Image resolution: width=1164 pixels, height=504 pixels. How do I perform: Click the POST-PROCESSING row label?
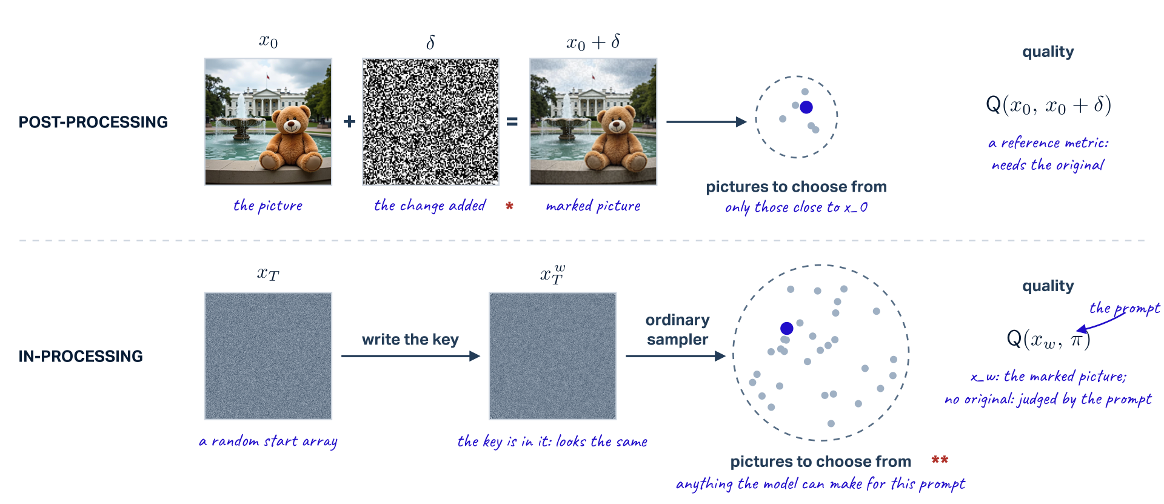point(93,122)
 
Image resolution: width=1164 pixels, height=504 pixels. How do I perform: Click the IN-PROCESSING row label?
point(81,356)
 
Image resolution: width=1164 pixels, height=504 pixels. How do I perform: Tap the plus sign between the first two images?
point(349,122)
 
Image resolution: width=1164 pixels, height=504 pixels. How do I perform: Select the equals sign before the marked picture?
point(512,122)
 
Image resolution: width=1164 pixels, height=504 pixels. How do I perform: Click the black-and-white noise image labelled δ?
point(430,122)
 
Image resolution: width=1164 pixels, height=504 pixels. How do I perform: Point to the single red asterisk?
point(509,206)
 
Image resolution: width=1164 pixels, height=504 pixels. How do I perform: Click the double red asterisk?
point(940,460)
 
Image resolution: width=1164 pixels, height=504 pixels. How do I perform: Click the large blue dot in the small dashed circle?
point(806,107)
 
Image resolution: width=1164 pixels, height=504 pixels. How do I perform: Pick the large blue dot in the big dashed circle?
point(787,328)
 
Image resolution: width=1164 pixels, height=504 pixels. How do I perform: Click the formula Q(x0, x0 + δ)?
point(1048,105)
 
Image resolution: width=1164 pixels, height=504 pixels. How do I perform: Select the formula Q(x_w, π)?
point(1048,338)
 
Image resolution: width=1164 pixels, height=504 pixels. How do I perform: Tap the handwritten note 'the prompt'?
point(1125,308)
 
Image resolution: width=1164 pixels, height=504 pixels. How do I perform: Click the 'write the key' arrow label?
point(410,339)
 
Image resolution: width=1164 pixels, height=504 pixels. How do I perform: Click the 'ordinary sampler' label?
point(677,329)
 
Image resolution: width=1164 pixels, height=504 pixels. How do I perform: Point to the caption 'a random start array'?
point(268,442)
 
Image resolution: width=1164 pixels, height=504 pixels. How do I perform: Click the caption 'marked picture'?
point(593,206)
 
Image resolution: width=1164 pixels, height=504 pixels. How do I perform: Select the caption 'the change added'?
point(430,206)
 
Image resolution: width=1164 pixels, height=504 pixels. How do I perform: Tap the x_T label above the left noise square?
point(268,274)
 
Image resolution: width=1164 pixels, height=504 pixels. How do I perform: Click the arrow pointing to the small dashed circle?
point(706,122)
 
